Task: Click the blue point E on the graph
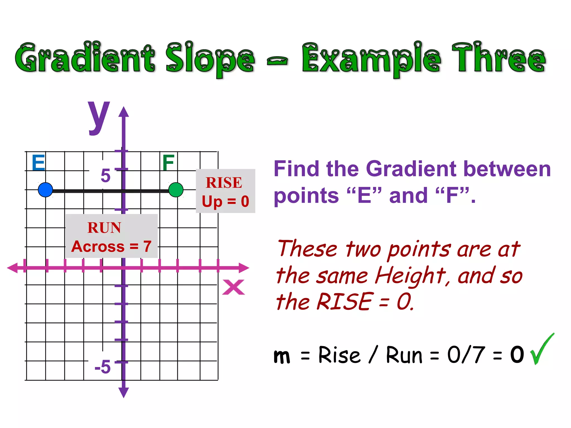(45, 190)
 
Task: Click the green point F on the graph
(176, 190)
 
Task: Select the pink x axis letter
(234, 287)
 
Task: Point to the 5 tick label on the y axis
(106, 176)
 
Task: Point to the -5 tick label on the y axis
(103, 366)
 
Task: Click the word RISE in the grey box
(224, 183)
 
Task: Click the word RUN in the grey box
(104, 228)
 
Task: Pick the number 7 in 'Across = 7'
(147, 246)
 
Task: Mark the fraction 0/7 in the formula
(466, 355)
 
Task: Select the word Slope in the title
(210, 59)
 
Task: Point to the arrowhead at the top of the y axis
(124, 112)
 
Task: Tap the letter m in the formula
(282, 356)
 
